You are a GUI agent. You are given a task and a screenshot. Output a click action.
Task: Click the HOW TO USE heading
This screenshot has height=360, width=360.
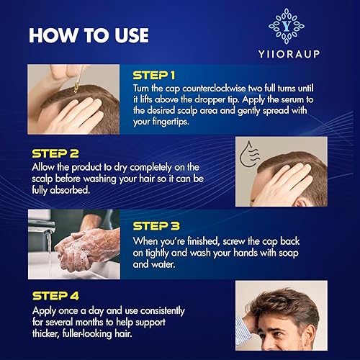click(x=88, y=35)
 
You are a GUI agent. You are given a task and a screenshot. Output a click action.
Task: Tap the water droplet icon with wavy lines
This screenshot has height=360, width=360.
click(x=251, y=153)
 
